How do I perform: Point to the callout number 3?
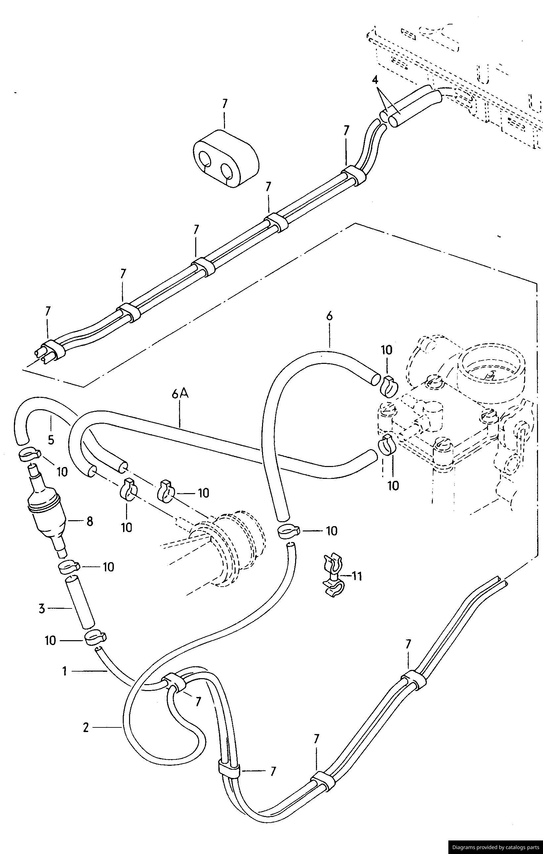(x=42, y=609)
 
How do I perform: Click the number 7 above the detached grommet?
(x=224, y=103)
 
